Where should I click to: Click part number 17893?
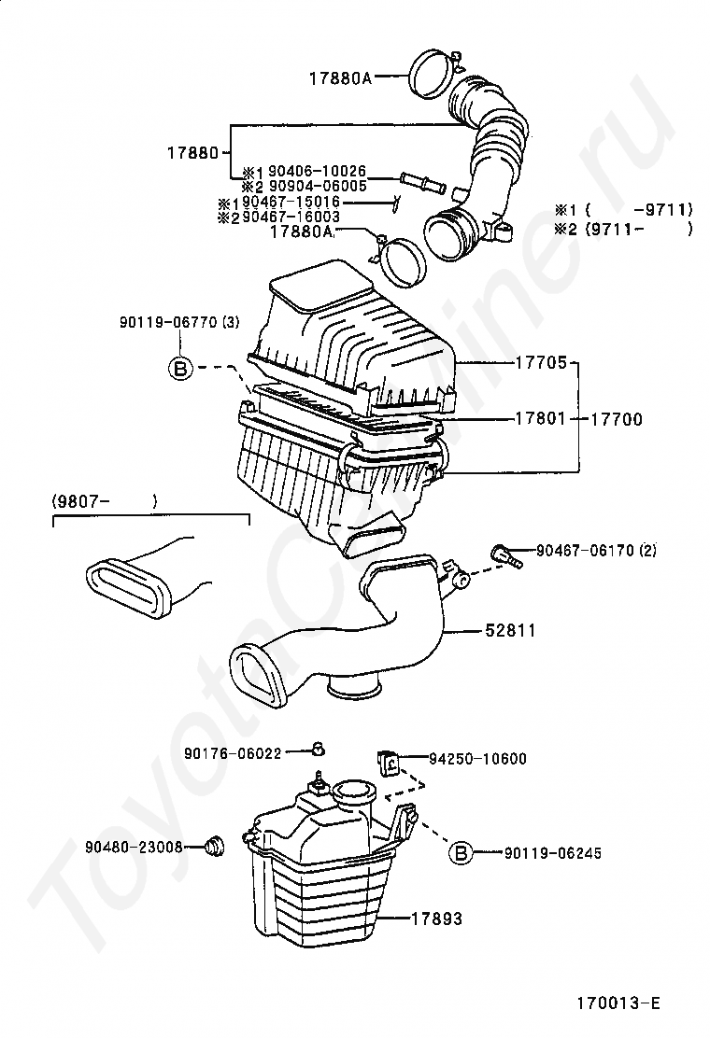click(x=437, y=919)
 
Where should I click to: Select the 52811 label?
click(x=510, y=631)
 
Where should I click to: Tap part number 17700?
click(x=617, y=419)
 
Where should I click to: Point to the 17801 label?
click(x=541, y=418)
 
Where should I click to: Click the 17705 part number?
click(x=541, y=362)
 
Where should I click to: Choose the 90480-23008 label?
click(x=134, y=847)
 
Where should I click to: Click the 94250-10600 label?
click(x=477, y=759)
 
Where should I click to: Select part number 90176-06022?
click(x=234, y=753)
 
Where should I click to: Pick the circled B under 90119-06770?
click(x=180, y=368)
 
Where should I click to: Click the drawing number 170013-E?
click(x=618, y=1003)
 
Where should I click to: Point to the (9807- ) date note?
click(x=105, y=502)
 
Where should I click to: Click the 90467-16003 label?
click(x=291, y=217)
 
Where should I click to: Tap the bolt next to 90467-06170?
click(x=506, y=555)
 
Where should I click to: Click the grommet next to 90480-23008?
click(x=214, y=846)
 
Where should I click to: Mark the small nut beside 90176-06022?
click(x=319, y=749)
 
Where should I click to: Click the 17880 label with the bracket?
click(x=192, y=153)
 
